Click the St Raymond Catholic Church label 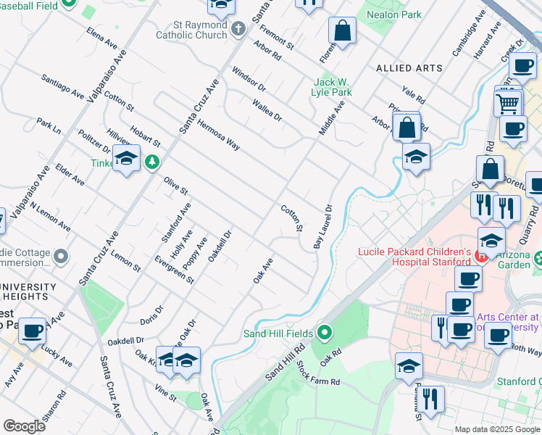point(193,29)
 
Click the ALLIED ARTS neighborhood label point(409,68)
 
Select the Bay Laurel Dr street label point(322,226)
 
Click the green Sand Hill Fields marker point(325,333)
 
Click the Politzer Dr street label point(93,141)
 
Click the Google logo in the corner point(24,426)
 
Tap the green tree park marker point(151,161)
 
